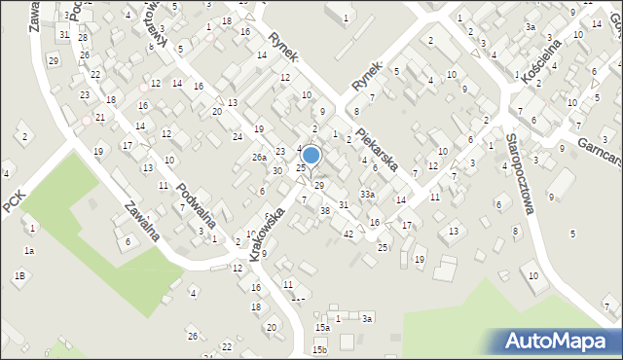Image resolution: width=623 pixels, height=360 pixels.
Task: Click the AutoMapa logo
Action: click(558, 341)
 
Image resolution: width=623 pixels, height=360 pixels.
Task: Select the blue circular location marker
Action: click(311, 155)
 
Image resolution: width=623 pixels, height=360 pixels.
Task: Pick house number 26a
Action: click(259, 157)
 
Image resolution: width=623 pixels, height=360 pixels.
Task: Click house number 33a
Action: click(366, 195)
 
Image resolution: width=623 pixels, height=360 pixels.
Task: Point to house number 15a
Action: click(322, 328)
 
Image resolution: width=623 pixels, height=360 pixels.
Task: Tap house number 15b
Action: click(319, 349)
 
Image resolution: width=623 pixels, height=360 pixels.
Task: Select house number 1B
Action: click(19, 275)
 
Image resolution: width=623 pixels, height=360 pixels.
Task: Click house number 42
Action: click(348, 234)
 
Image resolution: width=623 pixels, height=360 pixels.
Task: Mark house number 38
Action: click(325, 210)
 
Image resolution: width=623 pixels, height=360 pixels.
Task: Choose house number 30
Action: click(277, 170)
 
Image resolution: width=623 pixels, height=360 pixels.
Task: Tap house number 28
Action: click(84, 38)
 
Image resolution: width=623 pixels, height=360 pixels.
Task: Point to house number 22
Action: click(227, 346)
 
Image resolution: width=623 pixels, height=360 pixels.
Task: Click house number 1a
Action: click(29, 251)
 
